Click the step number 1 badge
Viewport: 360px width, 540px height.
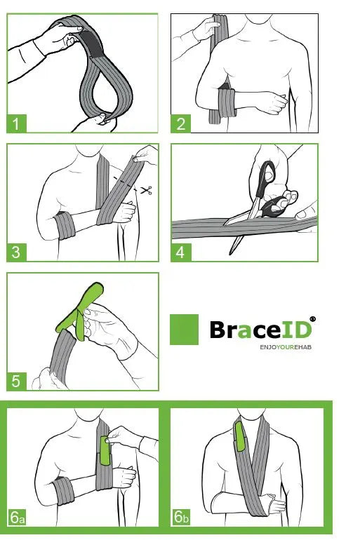click(17, 123)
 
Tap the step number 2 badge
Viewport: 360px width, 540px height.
click(181, 123)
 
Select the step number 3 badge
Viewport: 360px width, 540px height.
click(17, 252)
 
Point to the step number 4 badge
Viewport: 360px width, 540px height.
click(181, 252)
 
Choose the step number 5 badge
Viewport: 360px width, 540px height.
click(17, 382)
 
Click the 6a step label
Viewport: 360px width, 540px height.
click(18, 518)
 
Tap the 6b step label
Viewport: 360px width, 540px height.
click(181, 518)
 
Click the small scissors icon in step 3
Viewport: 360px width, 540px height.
click(147, 190)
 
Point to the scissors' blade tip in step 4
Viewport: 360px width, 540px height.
click(231, 254)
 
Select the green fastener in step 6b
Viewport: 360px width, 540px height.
click(239, 436)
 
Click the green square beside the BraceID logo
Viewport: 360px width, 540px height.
click(185, 330)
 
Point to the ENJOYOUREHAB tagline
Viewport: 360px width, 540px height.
click(286, 347)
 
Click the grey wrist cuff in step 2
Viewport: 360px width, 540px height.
click(227, 103)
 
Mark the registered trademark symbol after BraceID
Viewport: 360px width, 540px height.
click(313, 319)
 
